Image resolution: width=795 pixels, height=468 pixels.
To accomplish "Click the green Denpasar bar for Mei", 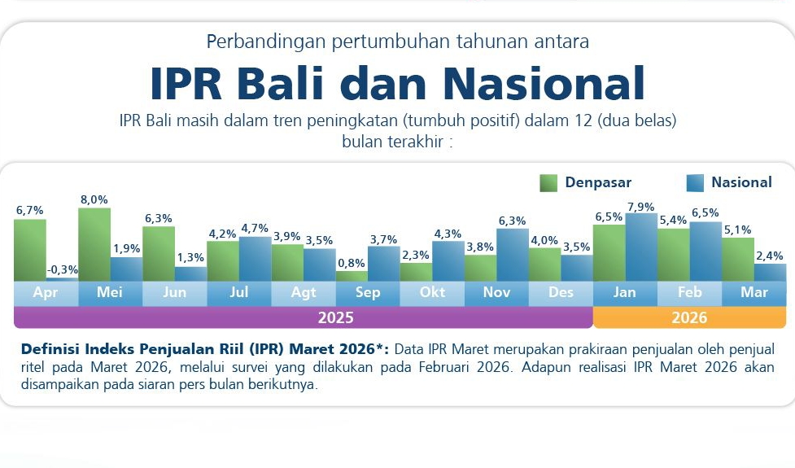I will tap(94, 244).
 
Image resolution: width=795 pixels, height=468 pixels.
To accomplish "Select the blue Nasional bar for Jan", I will tap(641, 247).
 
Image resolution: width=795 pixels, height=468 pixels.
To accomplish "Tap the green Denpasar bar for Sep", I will tap(352, 276).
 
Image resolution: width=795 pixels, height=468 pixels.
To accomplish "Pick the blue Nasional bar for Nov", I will tap(513, 255).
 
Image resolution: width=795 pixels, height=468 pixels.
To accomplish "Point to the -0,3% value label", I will tap(62, 269).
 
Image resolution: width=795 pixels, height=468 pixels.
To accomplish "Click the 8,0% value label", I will tap(94, 199).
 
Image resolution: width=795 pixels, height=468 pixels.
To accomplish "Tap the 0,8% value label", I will tap(352, 263).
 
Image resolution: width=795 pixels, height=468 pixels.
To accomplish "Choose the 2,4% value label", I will tap(770, 255).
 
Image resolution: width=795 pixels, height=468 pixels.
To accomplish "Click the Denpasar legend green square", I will tap(549, 182).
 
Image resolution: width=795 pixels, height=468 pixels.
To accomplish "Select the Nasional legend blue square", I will tap(695, 182).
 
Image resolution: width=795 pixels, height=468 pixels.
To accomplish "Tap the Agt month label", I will tap(304, 293).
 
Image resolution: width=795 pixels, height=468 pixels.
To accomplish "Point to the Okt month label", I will tap(432, 293).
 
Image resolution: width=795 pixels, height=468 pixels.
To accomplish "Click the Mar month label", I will tap(754, 293).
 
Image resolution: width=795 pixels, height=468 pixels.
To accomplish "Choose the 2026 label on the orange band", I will tap(689, 317).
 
